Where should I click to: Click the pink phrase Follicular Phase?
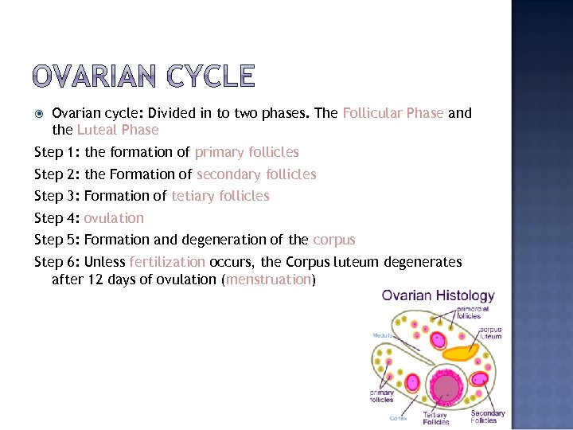click(393, 113)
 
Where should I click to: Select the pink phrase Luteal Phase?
click(118, 130)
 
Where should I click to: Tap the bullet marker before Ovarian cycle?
click(41, 113)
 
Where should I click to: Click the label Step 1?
click(57, 152)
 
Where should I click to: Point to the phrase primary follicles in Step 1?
click(247, 152)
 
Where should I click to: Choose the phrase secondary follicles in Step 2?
click(256, 174)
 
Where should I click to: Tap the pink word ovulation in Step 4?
click(114, 218)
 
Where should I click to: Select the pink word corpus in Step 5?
click(334, 240)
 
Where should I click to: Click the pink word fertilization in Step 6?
click(167, 262)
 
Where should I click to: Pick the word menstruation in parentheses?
click(268, 279)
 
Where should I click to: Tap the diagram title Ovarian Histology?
click(438, 296)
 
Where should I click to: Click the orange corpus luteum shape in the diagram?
click(461, 352)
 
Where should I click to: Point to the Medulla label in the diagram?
click(384, 335)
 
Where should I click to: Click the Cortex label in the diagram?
click(399, 418)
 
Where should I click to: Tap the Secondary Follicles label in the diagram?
click(487, 416)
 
